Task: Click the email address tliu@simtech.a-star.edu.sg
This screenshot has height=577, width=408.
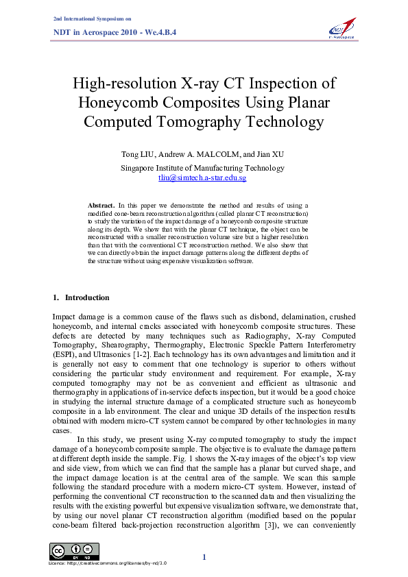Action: pos(202,177)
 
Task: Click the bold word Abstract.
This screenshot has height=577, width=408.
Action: pos(101,205)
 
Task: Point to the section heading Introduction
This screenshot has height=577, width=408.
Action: pos(86,297)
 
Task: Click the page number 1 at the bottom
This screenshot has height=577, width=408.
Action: pos(204,556)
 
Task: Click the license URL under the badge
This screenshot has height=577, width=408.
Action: pos(110,563)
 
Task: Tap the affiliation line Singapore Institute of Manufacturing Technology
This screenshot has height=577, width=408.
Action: pos(202,167)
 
